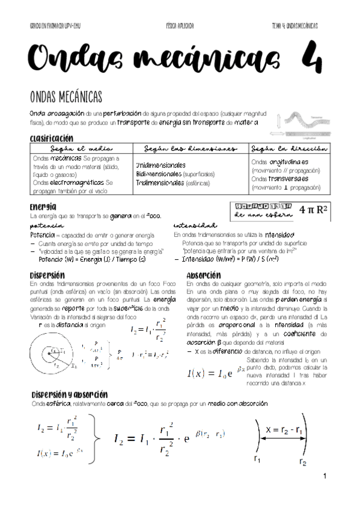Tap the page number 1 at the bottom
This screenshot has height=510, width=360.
click(324, 477)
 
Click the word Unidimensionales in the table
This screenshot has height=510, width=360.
click(160, 165)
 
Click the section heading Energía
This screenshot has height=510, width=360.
click(43, 206)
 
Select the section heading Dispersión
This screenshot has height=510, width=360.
click(46, 275)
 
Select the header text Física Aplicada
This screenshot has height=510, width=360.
click(180, 27)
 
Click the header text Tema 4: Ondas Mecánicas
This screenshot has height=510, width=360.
click(294, 27)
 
